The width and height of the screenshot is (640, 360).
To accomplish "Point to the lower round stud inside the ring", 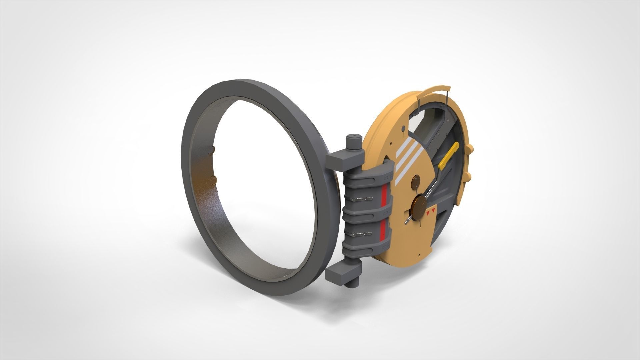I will (213, 181).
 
